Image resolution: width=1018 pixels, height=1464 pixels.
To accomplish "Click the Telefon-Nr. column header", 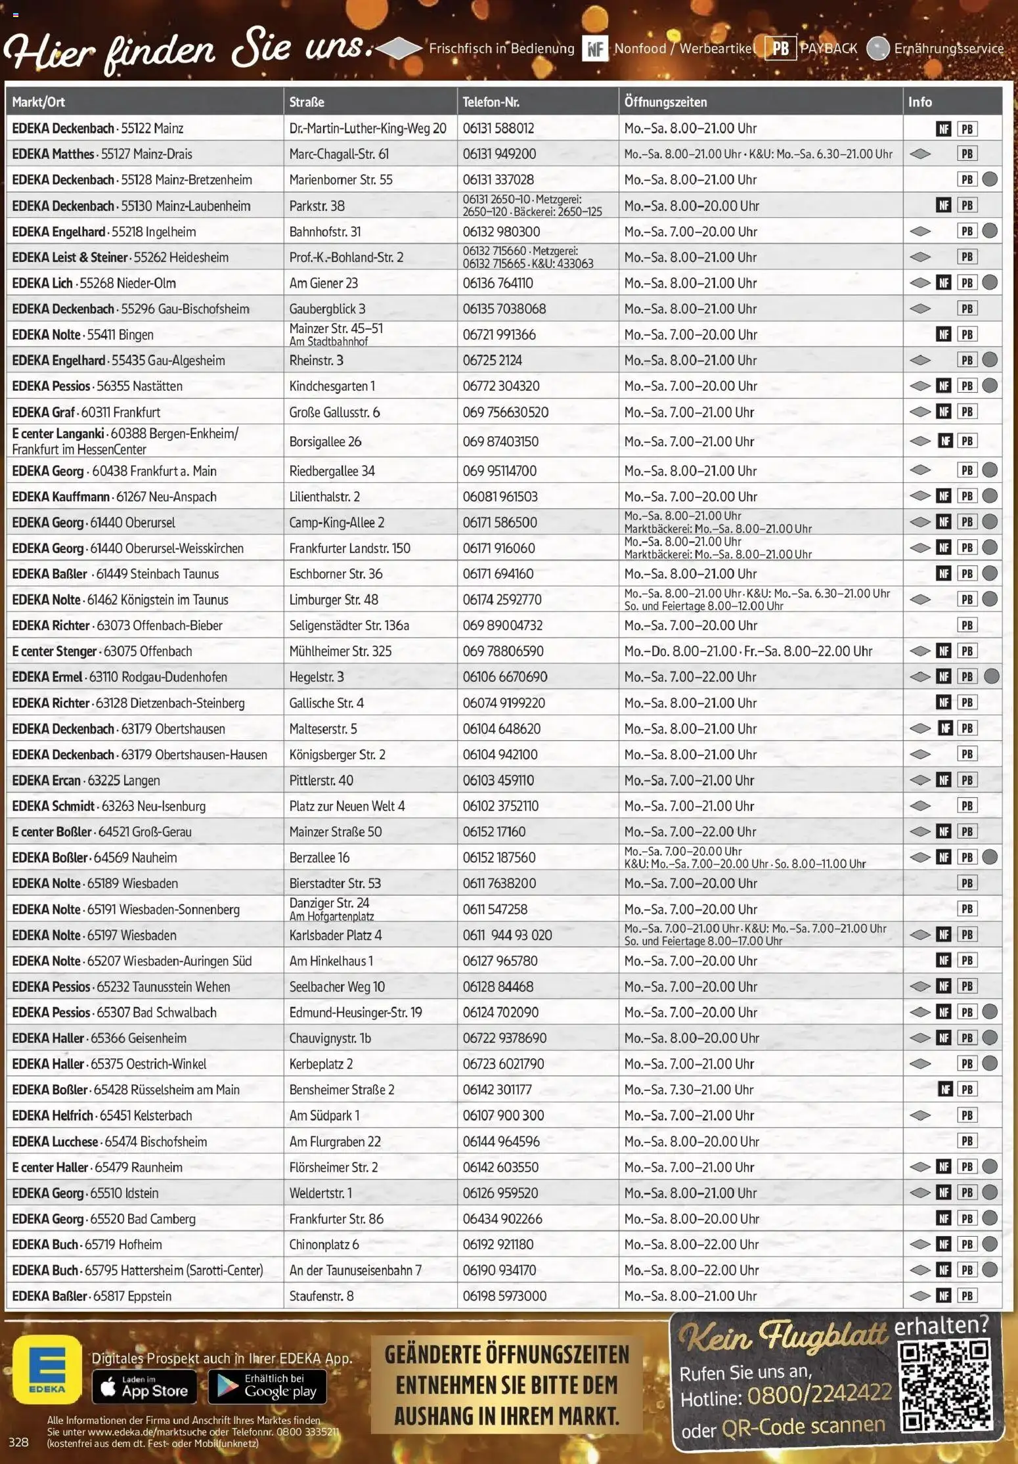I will point(491,102).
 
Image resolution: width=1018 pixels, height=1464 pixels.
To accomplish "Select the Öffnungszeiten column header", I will point(665,102).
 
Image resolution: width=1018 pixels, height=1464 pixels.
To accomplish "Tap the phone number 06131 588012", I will point(498,128).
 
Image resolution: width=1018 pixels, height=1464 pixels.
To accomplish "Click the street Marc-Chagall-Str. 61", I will point(339,154).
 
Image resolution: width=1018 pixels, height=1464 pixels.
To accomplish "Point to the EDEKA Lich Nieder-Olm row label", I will point(94,283).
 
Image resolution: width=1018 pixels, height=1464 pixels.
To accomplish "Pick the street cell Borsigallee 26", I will point(325,441).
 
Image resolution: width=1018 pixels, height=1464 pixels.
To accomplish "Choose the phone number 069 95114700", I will point(499,471).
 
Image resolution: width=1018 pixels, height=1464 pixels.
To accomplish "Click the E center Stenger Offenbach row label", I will point(102,651).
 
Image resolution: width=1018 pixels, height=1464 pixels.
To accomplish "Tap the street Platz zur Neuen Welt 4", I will point(347,806).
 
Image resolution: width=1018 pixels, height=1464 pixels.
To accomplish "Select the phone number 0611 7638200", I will point(499,883).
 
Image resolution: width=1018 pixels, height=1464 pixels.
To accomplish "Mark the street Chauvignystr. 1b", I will point(330,1038).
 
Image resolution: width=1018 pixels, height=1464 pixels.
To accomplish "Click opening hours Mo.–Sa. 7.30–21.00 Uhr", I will point(688,1090).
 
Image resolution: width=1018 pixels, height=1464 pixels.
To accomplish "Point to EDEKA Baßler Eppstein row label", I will point(91,1296).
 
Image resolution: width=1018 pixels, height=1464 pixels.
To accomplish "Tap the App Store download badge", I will point(144,1386).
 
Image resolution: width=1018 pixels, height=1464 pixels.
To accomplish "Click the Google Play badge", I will point(267,1386).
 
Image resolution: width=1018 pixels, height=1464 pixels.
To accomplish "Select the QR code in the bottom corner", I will point(944,1386).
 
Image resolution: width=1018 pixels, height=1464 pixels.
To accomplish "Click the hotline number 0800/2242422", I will point(818,1393).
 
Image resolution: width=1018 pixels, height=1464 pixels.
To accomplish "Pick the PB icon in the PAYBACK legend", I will point(780,48).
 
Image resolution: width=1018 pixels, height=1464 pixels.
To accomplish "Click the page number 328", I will point(18,1442).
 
